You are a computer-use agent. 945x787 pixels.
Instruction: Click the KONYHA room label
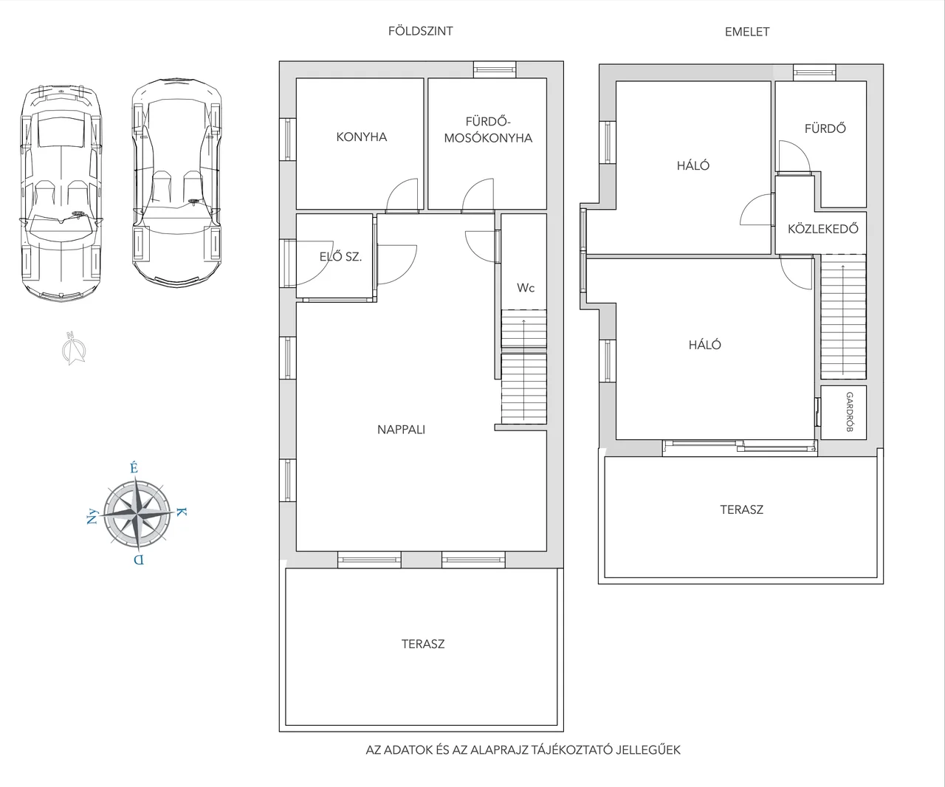coord(361,137)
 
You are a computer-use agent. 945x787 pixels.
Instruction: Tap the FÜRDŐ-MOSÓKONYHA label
coord(488,130)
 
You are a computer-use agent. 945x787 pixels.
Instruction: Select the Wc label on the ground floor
coord(526,288)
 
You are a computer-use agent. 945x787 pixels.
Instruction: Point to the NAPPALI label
coord(401,430)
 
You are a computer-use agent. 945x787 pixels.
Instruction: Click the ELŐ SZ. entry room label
coord(340,257)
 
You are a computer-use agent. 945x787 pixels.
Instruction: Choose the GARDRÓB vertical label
coord(849,412)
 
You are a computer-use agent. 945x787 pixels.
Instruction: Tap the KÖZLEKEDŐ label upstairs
coord(822,229)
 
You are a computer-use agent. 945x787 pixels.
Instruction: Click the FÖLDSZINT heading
coord(421,31)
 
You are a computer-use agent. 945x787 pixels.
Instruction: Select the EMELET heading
coord(746,32)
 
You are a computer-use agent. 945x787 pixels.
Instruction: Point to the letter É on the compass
coord(134,467)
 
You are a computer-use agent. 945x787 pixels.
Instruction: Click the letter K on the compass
coord(181,512)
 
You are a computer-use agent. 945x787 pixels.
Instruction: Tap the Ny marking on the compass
coord(92,517)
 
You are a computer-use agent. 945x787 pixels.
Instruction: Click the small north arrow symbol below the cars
coord(74,348)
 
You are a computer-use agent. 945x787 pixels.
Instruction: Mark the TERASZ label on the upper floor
coord(741,509)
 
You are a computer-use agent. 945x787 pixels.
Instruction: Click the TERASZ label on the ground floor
coord(423,644)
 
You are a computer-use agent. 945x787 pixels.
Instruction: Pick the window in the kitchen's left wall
coord(287,139)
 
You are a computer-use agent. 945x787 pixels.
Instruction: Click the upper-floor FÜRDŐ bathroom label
coord(825,128)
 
